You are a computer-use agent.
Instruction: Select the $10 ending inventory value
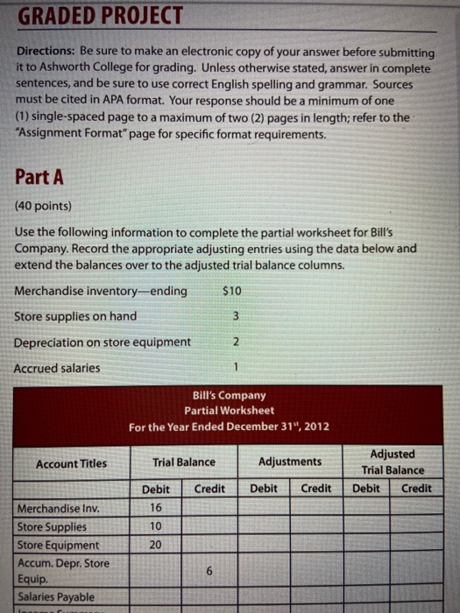click(x=233, y=291)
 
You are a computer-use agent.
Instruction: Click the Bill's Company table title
click(x=229, y=395)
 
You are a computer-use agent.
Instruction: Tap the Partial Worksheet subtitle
click(x=229, y=410)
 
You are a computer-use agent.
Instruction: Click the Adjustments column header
click(x=290, y=462)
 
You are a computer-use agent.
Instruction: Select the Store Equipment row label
click(x=58, y=545)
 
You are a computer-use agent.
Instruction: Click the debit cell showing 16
click(x=154, y=508)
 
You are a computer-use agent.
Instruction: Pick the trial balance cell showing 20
click(x=154, y=545)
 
